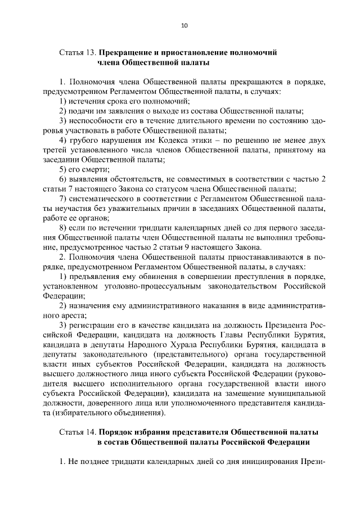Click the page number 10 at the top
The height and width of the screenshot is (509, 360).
(x=184, y=25)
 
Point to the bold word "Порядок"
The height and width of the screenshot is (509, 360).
(x=119, y=433)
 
